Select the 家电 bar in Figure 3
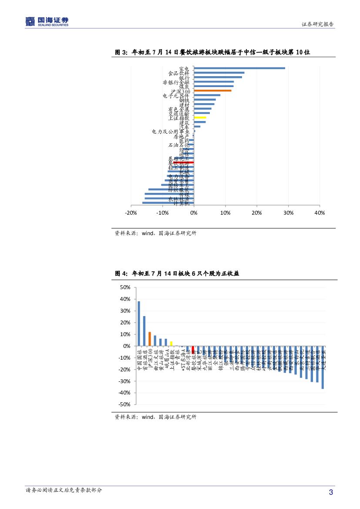click(x=239, y=68)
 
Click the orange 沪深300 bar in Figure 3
click(x=212, y=91)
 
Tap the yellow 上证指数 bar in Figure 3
click(x=200, y=118)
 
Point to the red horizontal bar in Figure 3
click(x=183, y=162)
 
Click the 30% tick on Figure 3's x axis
click(x=288, y=212)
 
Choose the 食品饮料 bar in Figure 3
click(x=219, y=73)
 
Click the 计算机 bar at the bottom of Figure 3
click(x=168, y=203)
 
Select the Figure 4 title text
click(x=177, y=273)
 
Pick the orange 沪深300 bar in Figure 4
click(x=149, y=339)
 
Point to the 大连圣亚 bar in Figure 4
click(x=323, y=367)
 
